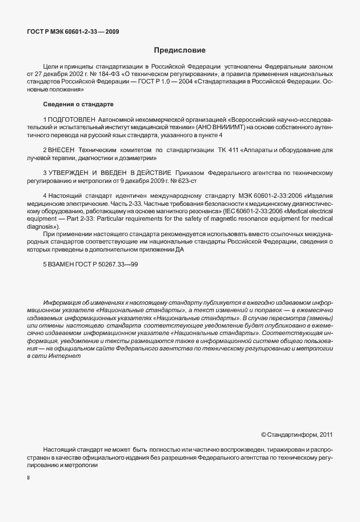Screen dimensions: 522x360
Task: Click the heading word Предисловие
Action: pos(179,50)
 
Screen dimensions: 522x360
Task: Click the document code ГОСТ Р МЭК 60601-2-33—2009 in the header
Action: pos(73,32)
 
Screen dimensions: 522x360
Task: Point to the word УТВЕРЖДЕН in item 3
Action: pos(70,172)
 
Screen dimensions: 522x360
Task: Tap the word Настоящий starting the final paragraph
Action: pos(58,450)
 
